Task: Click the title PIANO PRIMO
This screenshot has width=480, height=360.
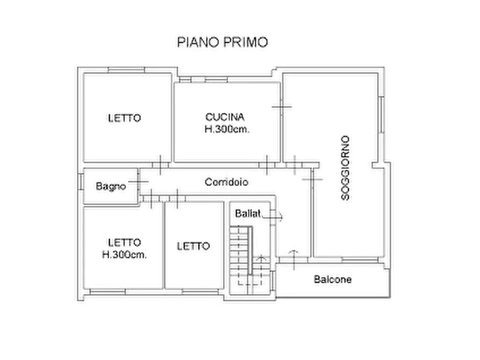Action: coord(223,42)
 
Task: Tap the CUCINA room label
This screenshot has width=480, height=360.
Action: coord(225,117)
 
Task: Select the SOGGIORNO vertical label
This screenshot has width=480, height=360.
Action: coord(345,168)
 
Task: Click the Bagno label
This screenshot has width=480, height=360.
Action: coord(111,186)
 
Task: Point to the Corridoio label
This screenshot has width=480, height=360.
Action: coord(226,182)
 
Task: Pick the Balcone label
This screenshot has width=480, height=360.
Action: coord(333,279)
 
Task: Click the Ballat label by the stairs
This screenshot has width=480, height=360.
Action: coord(248,213)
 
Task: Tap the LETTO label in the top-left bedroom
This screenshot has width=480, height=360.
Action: coord(124,118)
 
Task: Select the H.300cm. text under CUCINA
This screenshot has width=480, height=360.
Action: coord(227,129)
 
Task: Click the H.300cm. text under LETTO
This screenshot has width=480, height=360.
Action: coord(124,254)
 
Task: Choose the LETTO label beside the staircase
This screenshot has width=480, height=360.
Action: coord(193,246)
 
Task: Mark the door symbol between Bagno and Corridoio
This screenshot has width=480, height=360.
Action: coord(138,182)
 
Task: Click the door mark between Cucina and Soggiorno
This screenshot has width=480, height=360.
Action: coord(282,107)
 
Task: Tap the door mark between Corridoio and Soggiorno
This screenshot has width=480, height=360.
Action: coord(312,179)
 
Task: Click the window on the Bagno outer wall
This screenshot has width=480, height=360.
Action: coord(80,182)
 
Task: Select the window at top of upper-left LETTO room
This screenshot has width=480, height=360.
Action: coord(126,70)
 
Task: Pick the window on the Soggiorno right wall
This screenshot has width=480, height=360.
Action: coord(382,114)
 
